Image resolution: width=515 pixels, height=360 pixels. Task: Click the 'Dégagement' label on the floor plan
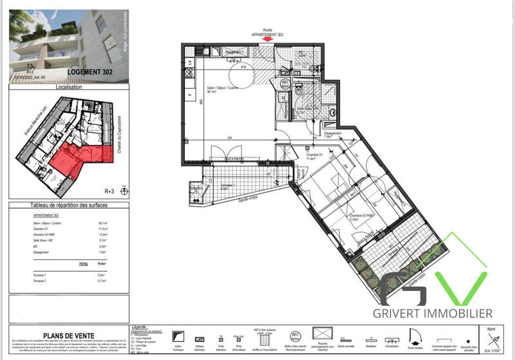(x=332, y=134)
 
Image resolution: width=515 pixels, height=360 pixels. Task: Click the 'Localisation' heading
(x=70, y=88)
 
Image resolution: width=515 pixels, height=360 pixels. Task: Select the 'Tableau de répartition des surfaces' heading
(x=70, y=205)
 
